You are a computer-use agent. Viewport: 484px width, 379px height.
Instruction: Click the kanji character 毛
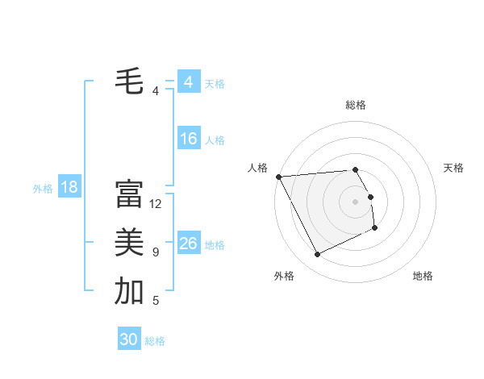click(129, 81)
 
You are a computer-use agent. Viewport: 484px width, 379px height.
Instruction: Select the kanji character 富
click(129, 194)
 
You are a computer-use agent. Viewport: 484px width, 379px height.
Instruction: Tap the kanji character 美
click(129, 243)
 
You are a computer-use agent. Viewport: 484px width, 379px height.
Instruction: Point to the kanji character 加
click(129, 292)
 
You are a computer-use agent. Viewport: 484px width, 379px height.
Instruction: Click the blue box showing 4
click(188, 82)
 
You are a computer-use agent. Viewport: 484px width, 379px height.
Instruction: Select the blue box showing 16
click(188, 139)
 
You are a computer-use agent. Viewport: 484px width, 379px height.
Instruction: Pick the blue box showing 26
click(188, 244)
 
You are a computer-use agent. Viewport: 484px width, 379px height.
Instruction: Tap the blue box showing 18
click(69, 188)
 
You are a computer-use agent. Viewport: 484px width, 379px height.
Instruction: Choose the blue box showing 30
click(129, 339)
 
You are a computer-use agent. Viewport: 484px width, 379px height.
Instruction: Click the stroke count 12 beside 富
click(156, 204)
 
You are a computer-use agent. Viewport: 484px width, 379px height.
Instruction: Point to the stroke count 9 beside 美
click(156, 252)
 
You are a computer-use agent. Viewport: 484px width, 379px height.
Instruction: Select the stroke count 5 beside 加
click(156, 302)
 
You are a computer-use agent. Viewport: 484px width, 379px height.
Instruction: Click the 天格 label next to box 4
click(215, 84)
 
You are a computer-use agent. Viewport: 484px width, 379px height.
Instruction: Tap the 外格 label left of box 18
click(43, 189)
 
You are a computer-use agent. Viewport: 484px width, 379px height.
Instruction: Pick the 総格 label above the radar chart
click(356, 105)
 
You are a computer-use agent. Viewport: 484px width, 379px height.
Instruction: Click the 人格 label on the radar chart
click(257, 168)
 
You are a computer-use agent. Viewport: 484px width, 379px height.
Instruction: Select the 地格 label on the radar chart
click(423, 276)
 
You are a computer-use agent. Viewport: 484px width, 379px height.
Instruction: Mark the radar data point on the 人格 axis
click(279, 177)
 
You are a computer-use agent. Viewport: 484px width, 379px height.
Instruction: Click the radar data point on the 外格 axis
click(317, 255)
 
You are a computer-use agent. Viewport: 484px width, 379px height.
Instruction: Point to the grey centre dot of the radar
click(356, 202)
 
